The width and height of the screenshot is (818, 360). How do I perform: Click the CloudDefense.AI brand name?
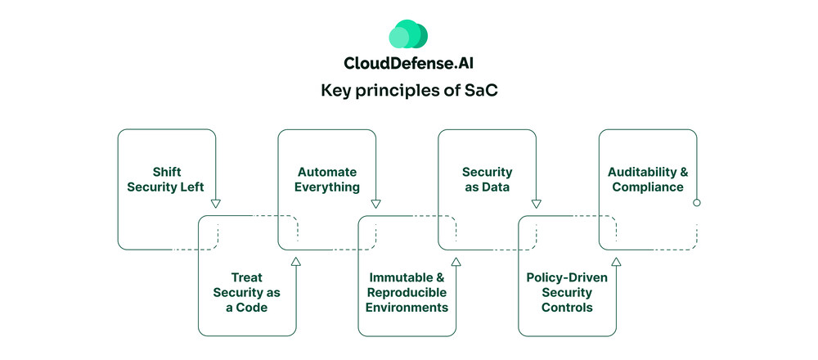[x=408, y=64]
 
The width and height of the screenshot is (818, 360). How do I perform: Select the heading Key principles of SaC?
[x=408, y=91]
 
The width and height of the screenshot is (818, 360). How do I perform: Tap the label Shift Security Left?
[x=167, y=179]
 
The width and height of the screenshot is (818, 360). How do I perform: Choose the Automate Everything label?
[x=327, y=179]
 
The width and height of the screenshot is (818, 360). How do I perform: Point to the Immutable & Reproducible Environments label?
[x=407, y=292]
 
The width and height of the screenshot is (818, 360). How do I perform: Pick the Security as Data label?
[x=488, y=179]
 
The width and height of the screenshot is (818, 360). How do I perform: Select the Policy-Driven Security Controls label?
[x=567, y=292]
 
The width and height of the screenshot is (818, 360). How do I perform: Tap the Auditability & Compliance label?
[x=647, y=179]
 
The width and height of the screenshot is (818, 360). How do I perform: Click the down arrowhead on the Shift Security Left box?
[x=216, y=203]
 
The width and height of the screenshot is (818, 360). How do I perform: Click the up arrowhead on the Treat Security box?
[x=296, y=261]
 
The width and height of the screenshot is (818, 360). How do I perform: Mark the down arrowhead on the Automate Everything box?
[x=376, y=203]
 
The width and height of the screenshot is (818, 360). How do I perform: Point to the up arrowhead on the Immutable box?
[x=456, y=261]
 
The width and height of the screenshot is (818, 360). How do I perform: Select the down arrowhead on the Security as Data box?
[x=537, y=203]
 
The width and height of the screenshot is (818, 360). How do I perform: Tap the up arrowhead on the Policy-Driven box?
[x=616, y=261]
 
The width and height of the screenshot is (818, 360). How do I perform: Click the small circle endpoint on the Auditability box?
[x=697, y=202]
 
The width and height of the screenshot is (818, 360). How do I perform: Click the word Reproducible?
[x=407, y=292]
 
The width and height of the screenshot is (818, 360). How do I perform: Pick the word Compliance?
[x=647, y=187]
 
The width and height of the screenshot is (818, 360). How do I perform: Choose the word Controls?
[x=567, y=308]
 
